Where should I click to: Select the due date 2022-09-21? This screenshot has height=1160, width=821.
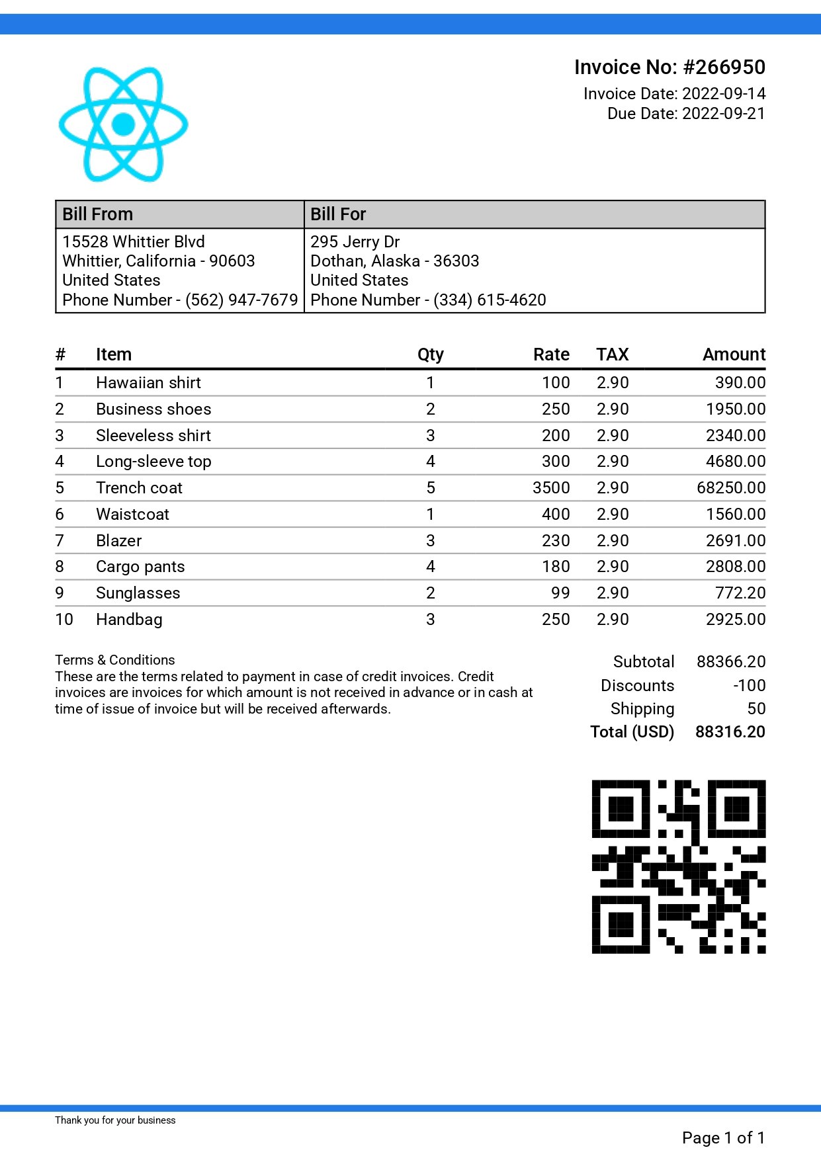point(723,114)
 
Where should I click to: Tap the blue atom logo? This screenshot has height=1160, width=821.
point(124,124)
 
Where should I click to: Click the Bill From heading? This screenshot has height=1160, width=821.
point(97,214)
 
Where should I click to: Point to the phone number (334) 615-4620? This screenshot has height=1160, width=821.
point(490,300)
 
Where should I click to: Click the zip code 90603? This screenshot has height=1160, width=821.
point(232,261)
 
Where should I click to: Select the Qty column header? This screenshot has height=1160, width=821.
point(430,355)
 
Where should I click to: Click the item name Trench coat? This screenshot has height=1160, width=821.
point(139,488)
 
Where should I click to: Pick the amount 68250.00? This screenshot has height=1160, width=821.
point(730,488)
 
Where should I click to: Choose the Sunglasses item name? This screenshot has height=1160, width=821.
point(138,593)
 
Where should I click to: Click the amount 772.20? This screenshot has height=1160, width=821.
point(740,593)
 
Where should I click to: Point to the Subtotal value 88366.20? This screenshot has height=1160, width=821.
point(730,662)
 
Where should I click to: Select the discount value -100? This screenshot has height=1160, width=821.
point(749,686)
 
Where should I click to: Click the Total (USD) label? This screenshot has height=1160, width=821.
point(632,732)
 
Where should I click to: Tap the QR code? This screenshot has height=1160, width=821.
point(678,866)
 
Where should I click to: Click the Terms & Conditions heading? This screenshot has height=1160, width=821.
point(115,660)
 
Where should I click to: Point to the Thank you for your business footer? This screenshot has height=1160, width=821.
point(115,1120)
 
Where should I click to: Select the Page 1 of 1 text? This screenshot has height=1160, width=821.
point(723,1138)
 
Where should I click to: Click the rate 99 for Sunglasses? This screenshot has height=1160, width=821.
point(560,593)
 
